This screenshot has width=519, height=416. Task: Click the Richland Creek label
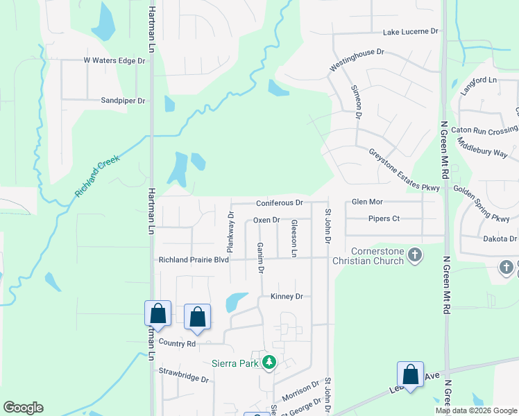coord(98,175)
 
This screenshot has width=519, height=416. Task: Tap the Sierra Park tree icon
coord(269,362)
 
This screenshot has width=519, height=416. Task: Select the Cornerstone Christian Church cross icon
coord(414,254)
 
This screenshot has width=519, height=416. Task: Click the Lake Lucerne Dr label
coord(412,32)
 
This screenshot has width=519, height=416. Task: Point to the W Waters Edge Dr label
coord(114,61)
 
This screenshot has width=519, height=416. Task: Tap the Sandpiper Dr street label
coord(122,101)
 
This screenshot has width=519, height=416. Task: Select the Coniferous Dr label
coord(280,202)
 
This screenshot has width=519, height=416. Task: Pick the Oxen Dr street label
coord(266,220)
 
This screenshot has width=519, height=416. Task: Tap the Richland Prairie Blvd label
coord(194,260)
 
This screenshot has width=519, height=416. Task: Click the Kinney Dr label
coord(286,296)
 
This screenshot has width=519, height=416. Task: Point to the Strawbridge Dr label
coord(184,375)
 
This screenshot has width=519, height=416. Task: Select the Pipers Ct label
coord(384,219)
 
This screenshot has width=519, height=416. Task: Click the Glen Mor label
coord(367,202)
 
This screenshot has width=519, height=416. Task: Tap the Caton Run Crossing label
coord(484,130)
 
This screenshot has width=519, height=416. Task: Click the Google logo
coord(23,408)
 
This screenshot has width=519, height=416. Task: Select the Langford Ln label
coord(479,83)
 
